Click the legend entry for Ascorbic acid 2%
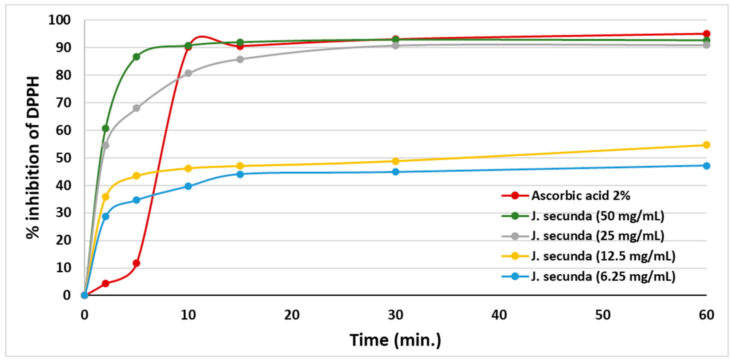581,196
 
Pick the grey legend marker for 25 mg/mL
515,236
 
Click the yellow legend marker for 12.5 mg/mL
515,256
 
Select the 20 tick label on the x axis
292,315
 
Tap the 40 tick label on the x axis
499,315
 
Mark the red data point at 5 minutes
136,263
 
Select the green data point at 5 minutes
136,57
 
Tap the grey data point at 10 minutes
188,73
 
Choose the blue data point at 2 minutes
105,216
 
